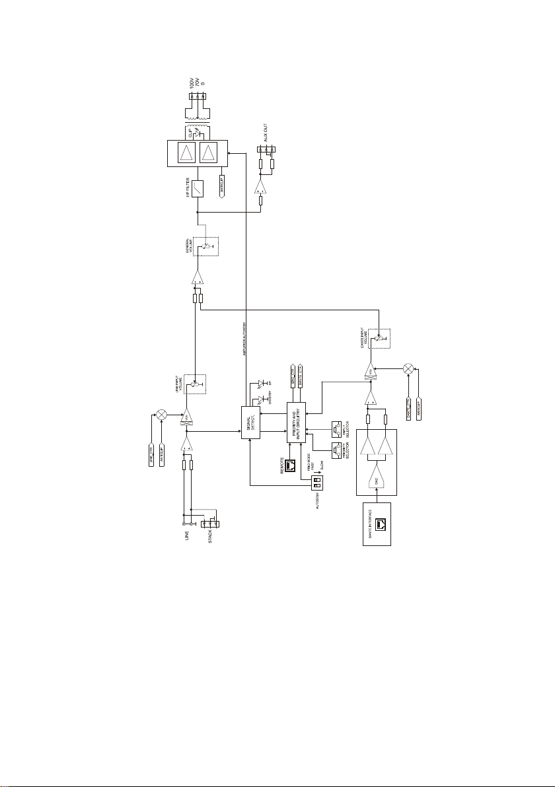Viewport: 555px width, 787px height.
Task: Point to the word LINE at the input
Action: [187, 539]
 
